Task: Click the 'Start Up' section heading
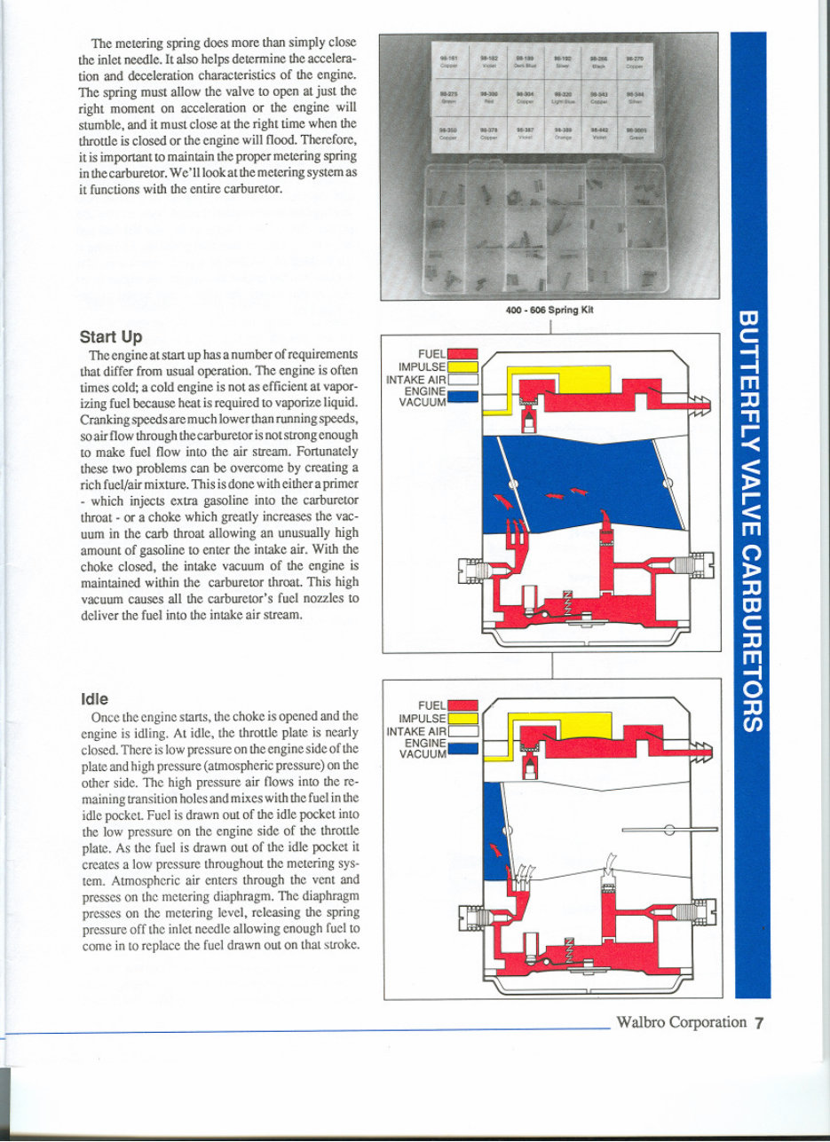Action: tap(111, 337)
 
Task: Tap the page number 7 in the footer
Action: tap(759, 1022)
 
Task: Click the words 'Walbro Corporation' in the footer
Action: tap(682, 1022)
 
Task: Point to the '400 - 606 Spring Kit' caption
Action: tap(549, 311)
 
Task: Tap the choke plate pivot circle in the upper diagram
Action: tap(667, 483)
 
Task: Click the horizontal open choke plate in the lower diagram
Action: tap(669, 829)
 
